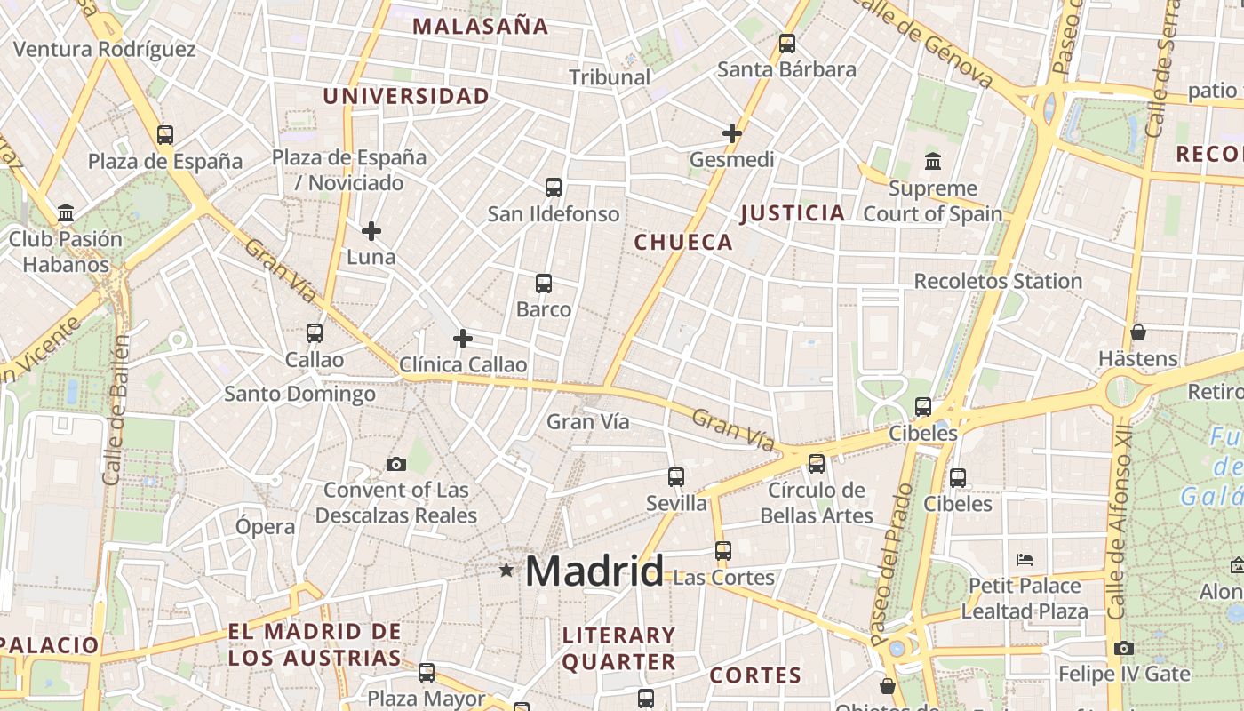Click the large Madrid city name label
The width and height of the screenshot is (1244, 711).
coord(594,571)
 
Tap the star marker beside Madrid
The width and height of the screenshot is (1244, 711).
coord(506,570)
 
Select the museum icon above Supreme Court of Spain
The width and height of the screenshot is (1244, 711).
coord(933,162)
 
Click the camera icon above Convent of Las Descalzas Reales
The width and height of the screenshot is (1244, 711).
coord(396,464)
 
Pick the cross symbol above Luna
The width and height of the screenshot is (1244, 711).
coord(371,231)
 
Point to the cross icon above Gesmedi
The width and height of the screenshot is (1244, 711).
coord(732,133)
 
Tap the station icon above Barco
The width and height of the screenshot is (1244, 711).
coord(544,284)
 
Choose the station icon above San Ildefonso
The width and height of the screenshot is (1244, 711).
coord(554,187)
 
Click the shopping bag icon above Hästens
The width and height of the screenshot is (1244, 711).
coord(1138,333)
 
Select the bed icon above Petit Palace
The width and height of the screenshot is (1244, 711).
coord(1025,560)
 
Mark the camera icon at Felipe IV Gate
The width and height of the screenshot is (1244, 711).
coord(1124,648)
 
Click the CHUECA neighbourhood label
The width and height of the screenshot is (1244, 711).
coord(683,242)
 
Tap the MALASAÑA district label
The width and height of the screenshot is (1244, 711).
coord(480,27)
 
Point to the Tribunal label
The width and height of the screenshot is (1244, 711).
coord(610,77)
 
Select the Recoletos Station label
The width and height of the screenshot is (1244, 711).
coord(998,281)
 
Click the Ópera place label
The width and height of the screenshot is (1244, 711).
coord(265,526)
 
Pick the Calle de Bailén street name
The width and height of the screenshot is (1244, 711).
coord(116,409)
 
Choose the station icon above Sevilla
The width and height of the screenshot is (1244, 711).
coord(676,477)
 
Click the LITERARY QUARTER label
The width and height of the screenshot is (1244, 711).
coord(618,648)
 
